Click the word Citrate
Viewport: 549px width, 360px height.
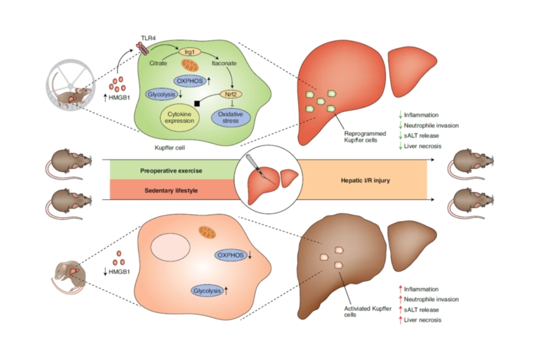158,64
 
